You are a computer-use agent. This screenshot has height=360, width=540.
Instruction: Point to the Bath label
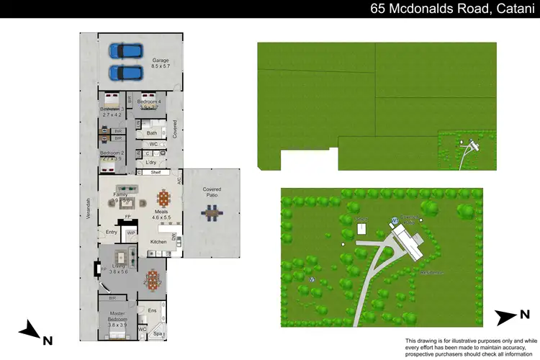click(x=152, y=133)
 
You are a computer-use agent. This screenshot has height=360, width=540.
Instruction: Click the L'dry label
click(x=151, y=162)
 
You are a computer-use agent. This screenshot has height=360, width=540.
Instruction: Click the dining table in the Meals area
click(x=163, y=198)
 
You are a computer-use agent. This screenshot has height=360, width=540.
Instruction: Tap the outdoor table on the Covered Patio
click(x=212, y=212)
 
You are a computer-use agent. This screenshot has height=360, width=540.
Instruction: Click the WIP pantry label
click(x=131, y=233)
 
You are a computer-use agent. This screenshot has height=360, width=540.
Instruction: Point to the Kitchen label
click(x=159, y=242)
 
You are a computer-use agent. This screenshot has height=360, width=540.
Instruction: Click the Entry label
click(x=112, y=232)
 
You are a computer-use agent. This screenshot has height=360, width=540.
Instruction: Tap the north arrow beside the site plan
click(x=513, y=315)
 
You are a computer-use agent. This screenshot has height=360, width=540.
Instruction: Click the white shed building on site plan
click(x=361, y=229)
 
